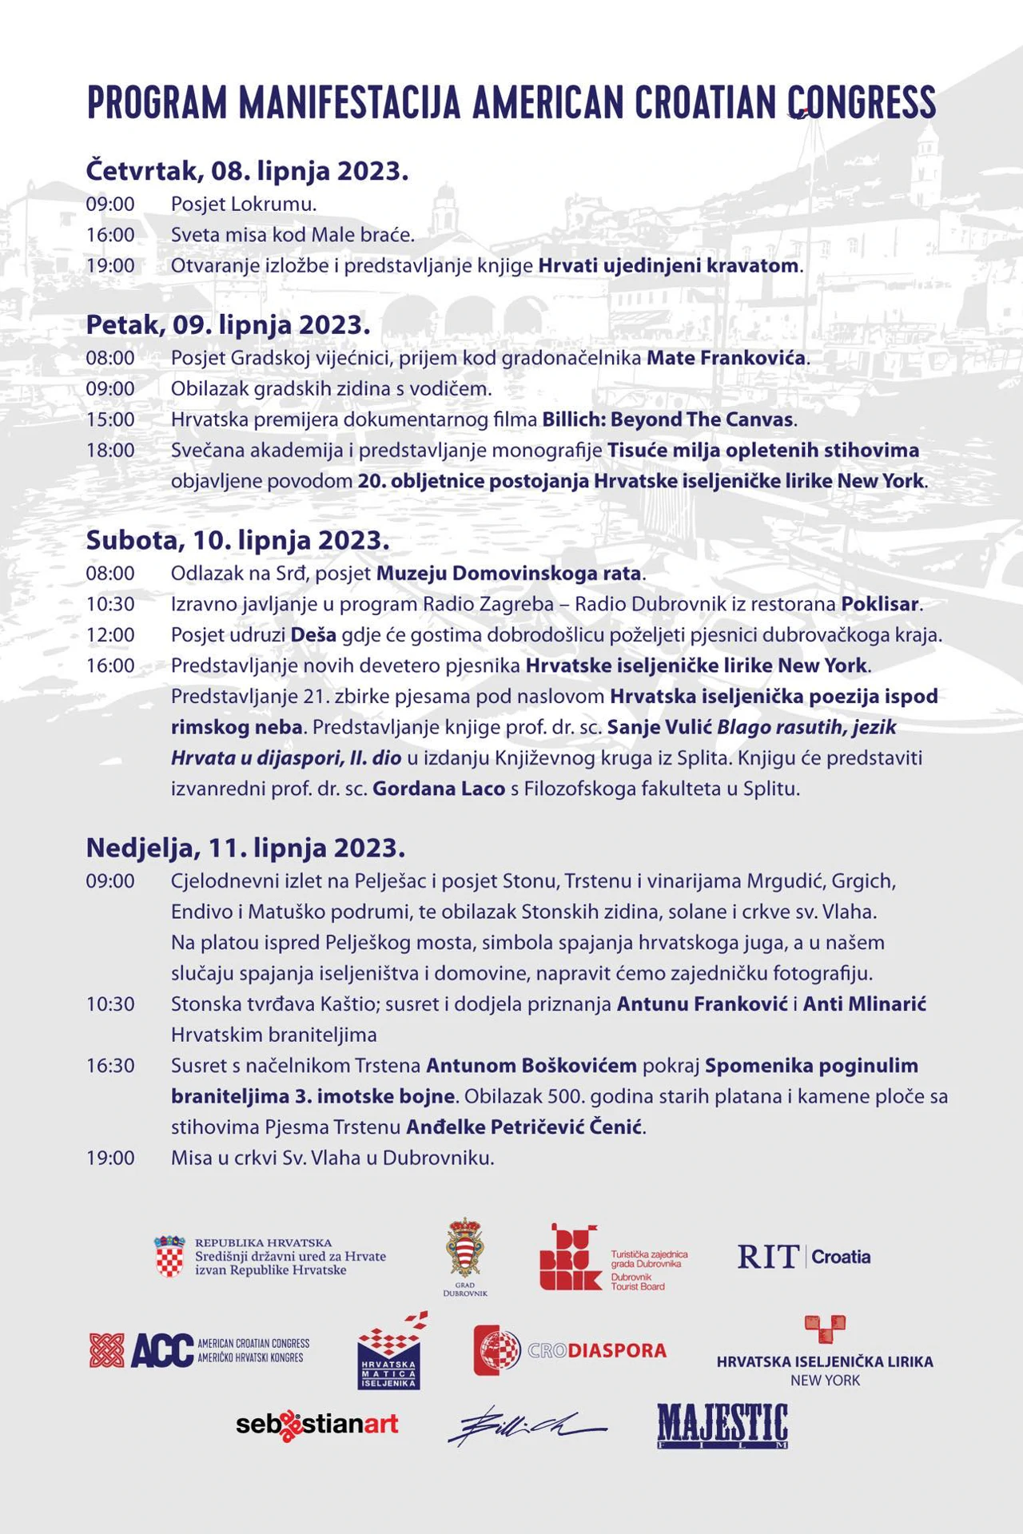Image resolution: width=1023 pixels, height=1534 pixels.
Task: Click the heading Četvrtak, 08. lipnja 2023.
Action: tap(247, 171)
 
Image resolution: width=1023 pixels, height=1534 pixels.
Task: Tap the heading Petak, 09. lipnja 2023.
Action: tap(228, 325)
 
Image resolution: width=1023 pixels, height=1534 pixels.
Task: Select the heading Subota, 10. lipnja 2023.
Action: tap(237, 541)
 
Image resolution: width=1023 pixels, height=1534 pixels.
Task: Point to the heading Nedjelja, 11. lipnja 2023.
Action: tap(245, 848)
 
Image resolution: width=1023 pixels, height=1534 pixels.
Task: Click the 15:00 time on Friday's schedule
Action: tap(110, 419)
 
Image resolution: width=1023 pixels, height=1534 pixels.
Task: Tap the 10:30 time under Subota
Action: tap(110, 604)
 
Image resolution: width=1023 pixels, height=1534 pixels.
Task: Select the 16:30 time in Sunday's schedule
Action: tap(110, 1066)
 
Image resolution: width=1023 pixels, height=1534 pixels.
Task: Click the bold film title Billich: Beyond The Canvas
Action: tap(667, 419)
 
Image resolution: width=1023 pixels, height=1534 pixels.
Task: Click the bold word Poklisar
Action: tap(879, 604)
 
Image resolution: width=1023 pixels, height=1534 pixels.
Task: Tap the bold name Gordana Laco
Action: tap(439, 789)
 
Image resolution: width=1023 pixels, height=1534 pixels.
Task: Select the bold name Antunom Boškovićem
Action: tap(531, 1066)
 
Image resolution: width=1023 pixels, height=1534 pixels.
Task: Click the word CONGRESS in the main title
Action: tap(862, 102)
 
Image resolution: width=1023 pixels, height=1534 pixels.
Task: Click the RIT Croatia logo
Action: tap(803, 1257)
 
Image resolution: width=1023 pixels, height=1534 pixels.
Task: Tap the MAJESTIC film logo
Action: tap(722, 1426)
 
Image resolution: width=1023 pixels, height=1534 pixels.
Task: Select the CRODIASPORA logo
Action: tap(570, 1350)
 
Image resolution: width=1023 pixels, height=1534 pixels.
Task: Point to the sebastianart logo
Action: tap(316, 1425)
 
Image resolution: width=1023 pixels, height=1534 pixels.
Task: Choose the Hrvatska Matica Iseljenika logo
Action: tap(389, 1352)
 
